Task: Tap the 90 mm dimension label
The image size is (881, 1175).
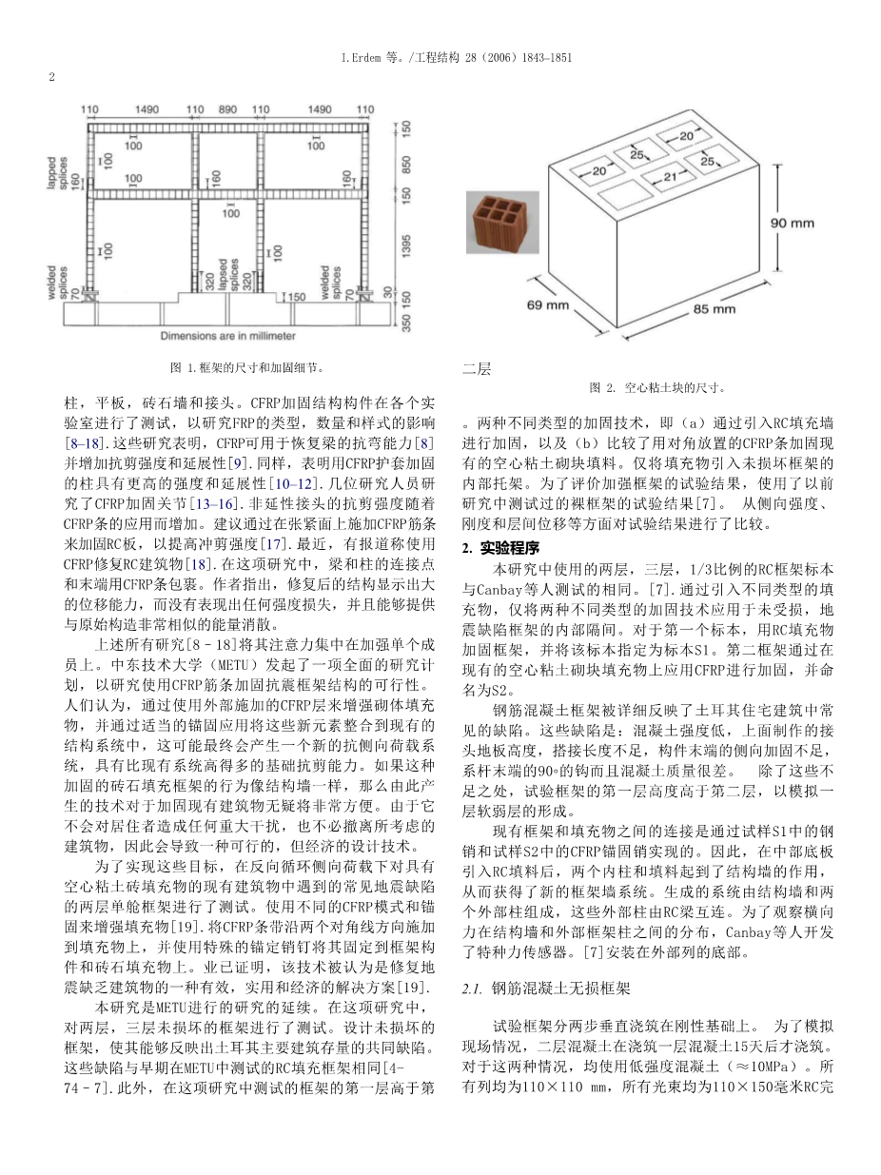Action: tap(792, 224)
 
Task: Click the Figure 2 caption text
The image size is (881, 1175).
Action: tap(657, 387)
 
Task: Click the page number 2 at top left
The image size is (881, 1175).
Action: tap(51, 77)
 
